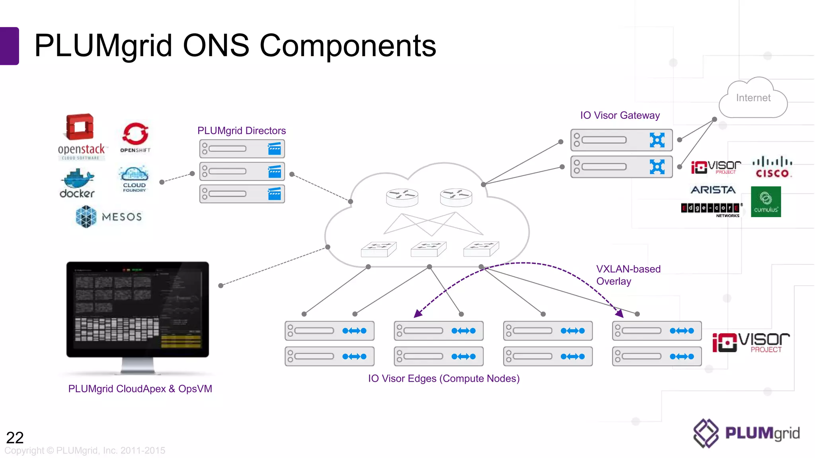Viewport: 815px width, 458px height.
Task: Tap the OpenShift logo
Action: click(135, 137)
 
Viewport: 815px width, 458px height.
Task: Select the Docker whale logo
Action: click(77, 183)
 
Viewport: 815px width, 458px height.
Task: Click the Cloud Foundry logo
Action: click(134, 179)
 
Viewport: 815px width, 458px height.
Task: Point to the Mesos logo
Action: click(109, 217)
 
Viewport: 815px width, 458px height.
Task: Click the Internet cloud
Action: click(753, 98)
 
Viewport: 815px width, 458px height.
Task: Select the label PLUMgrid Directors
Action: click(242, 130)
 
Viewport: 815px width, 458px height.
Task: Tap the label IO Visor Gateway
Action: click(620, 115)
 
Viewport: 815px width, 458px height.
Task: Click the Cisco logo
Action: click(772, 167)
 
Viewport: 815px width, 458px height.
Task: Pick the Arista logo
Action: click(713, 190)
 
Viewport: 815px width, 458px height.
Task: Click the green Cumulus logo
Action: click(766, 202)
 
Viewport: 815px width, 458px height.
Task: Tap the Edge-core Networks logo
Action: click(711, 209)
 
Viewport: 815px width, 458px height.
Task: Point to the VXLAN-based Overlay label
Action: click(628, 275)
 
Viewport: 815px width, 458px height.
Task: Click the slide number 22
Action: click(15, 437)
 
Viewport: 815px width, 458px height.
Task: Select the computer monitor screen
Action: click(138, 309)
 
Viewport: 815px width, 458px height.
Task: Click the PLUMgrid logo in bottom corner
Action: click(746, 433)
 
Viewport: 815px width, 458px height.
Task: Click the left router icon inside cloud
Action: click(402, 197)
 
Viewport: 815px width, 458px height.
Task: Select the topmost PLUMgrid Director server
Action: click(242, 149)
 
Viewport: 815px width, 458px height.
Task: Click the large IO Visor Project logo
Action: click(751, 342)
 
